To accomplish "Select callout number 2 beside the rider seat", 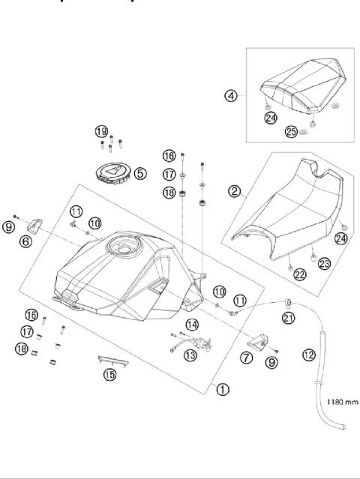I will (234, 192).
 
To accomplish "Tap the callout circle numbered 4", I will (232, 95).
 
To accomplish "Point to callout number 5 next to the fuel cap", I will (140, 173).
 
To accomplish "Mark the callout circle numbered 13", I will (191, 355).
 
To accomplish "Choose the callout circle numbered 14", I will (192, 325).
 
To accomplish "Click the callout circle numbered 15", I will (109, 375).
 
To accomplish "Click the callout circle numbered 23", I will (324, 262).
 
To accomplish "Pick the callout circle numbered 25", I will (291, 132).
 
